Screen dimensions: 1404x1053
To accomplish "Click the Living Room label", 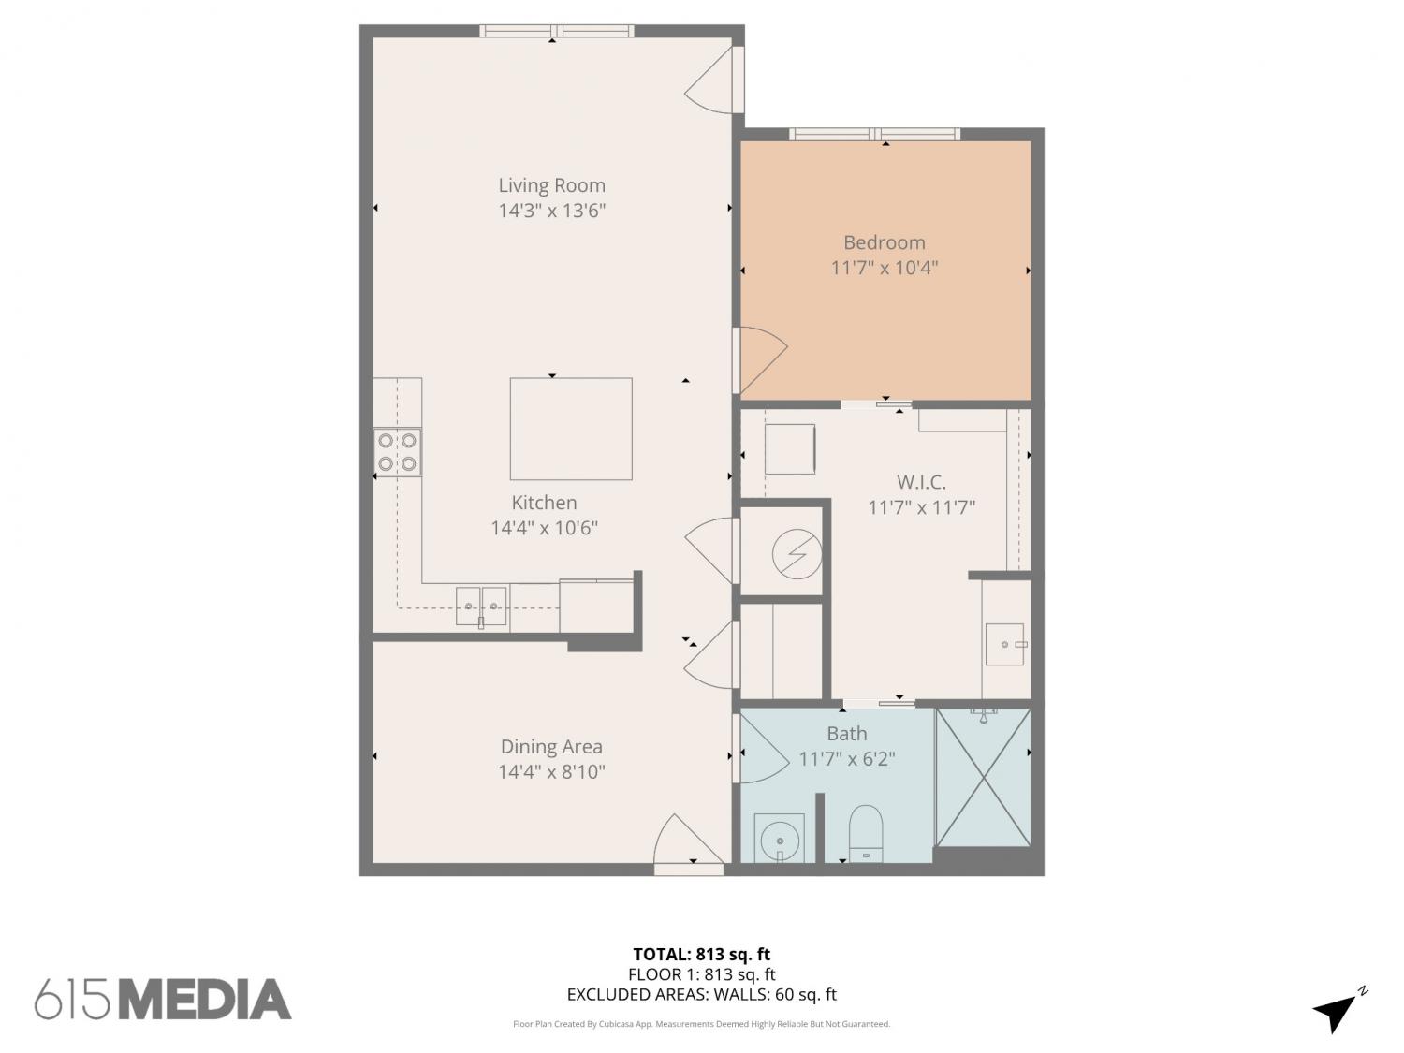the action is click(551, 185).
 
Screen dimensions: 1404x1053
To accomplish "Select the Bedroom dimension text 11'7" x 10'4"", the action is click(884, 268).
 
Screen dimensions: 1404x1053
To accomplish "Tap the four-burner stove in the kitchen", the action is click(397, 452).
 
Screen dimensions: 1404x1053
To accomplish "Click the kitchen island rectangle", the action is click(571, 429).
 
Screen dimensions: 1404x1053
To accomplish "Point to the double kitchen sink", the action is click(481, 606).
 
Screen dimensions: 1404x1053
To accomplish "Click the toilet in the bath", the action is click(866, 834).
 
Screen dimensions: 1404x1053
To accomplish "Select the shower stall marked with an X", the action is click(983, 778).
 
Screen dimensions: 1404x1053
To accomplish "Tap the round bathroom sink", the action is click(779, 838).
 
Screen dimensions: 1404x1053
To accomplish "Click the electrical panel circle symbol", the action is click(797, 554).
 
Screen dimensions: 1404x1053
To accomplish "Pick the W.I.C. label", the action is click(921, 481).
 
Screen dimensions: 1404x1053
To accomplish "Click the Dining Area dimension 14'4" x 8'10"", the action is click(551, 771).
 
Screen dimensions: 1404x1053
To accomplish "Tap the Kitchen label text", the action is click(544, 503).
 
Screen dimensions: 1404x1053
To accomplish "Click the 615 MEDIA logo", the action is click(163, 999).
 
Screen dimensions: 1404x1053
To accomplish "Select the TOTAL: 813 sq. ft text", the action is click(701, 955).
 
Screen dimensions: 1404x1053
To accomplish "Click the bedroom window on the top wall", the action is click(874, 134).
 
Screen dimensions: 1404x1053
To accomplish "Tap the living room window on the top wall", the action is click(557, 31).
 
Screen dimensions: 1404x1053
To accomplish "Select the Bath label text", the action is click(847, 733).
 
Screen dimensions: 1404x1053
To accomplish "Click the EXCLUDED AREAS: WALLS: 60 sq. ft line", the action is click(701, 994).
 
